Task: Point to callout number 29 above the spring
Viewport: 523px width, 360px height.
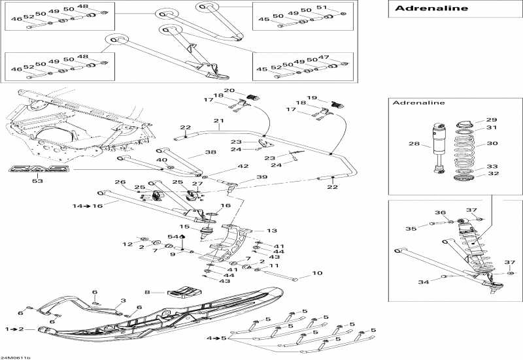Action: pyautogui.click(x=492, y=120)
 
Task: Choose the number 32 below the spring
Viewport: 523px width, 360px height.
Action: pyautogui.click(x=492, y=174)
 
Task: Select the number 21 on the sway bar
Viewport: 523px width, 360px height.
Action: pyautogui.click(x=218, y=122)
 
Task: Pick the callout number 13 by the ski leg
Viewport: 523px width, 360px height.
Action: pyautogui.click(x=271, y=231)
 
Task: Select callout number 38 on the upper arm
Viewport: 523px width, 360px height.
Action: pyautogui.click(x=192, y=152)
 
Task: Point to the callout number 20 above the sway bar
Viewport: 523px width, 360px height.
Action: pyautogui.click(x=229, y=91)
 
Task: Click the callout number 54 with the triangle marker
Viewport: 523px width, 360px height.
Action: pyautogui.click(x=173, y=236)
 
